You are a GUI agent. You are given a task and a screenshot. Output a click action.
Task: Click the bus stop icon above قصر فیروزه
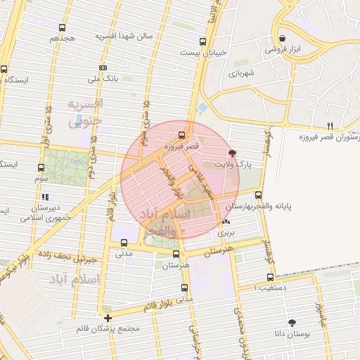click(x=183, y=134)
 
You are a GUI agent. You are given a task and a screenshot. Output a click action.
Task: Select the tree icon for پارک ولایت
click(x=233, y=153)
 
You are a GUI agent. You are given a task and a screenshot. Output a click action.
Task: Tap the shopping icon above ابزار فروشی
click(x=282, y=38)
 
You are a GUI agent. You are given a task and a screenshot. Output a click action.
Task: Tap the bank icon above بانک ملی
click(x=103, y=67)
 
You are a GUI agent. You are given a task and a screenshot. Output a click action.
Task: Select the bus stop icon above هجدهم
click(x=63, y=28)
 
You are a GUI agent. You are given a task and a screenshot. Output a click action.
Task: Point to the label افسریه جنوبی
click(x=86, y=112)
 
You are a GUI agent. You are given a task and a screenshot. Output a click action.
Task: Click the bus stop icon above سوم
click(x=41, y=168)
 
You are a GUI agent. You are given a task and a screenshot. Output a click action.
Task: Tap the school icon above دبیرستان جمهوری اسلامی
click(x=46, y=197)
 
